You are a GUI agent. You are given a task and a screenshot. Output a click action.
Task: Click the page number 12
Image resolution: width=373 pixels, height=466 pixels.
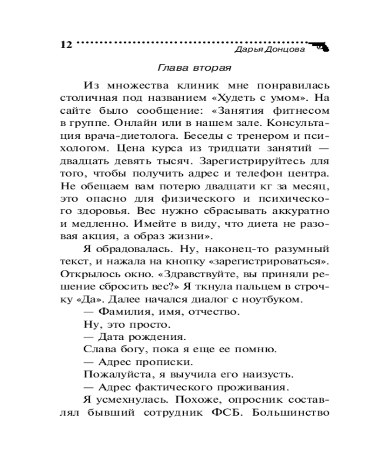pos(66,45)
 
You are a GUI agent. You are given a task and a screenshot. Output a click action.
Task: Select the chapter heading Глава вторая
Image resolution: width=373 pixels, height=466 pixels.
pos(195,67)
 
